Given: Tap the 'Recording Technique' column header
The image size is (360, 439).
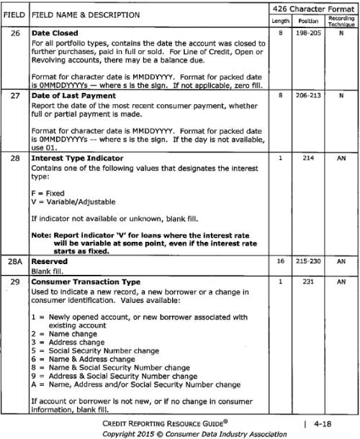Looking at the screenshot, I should coord(341,20).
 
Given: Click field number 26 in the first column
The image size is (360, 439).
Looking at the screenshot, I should coord(14,33).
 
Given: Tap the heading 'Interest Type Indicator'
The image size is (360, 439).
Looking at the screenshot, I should coord(78,158).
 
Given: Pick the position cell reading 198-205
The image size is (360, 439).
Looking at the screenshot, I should coord(308,33).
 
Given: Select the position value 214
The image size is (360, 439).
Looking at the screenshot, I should coord(308,158).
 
